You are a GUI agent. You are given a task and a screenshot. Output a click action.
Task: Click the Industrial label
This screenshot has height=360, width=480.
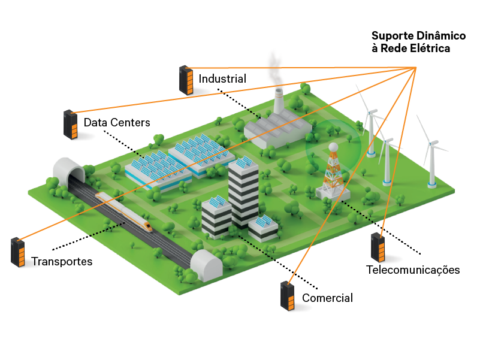[222, 78]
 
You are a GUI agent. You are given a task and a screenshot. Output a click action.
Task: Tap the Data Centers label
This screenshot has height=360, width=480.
[116, 122]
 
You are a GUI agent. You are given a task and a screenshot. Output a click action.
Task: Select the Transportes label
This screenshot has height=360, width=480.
[62, 262]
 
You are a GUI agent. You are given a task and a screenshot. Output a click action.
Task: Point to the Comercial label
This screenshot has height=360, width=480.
[327, 298]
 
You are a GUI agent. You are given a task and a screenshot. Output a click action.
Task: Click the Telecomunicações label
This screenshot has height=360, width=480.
[413, 270]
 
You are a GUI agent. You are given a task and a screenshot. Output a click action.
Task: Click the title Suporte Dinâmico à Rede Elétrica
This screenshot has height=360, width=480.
[410, 42]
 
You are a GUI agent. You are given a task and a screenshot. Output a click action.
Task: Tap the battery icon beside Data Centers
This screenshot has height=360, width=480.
[71, 125]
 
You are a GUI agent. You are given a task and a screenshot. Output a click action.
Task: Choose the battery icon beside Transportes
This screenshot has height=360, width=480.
[18, 252]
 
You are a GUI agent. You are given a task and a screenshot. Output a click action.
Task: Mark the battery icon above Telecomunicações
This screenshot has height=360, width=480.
[378, 247]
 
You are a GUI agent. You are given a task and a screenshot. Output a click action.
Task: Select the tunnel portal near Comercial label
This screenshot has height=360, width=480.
[205, 265]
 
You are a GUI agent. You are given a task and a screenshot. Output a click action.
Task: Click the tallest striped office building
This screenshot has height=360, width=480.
[243, 192]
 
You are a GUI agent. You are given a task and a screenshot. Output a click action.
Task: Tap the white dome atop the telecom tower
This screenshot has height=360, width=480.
[331, 147]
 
